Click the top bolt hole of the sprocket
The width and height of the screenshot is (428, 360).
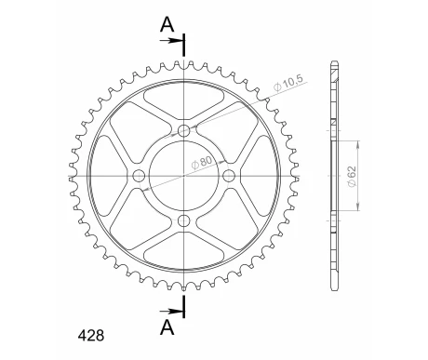click(184, 130)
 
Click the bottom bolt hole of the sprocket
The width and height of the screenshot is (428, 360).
click(184, 221)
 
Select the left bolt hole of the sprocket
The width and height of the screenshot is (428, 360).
click(139, 176)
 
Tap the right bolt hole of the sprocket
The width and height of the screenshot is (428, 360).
click(229, 176)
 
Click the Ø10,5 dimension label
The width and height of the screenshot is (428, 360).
click(288, 83)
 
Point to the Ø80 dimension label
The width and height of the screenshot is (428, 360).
click(202, 163)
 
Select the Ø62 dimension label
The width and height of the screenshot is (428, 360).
click(352, 177)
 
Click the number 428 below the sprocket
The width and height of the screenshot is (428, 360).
click(91, 336)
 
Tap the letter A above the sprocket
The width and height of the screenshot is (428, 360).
click(167, 24)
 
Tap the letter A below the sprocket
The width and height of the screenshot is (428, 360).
click(167, 327)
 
